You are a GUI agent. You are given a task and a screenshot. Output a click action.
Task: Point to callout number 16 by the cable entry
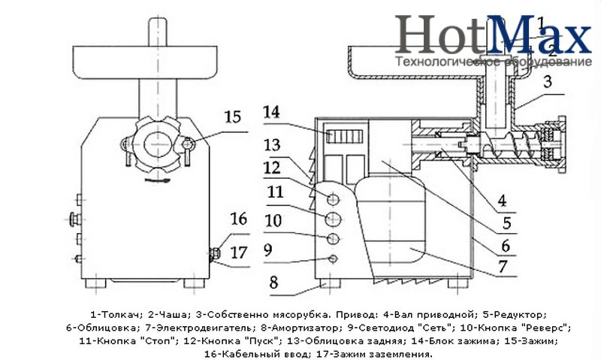click(238, 219)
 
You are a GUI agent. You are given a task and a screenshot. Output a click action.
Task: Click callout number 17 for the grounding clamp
click(238, 253)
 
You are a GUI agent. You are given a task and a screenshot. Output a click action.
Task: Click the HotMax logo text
click(493, 34)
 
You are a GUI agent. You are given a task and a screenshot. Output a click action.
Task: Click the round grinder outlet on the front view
click(156, 141)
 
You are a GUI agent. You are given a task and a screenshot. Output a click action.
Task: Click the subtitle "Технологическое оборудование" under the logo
click(493, 61)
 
